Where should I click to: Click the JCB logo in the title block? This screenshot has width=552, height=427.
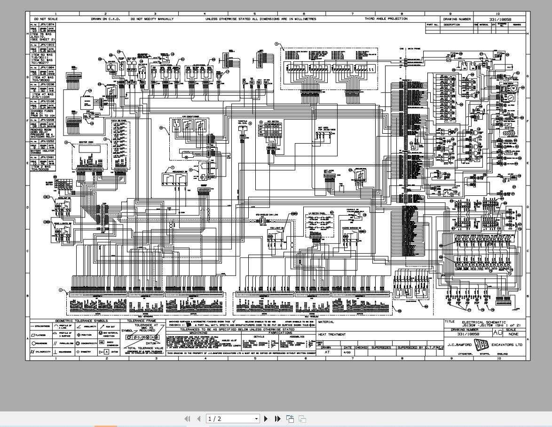[x=481, y=345]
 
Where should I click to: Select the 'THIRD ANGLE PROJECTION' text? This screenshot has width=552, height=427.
[x=386, y=19]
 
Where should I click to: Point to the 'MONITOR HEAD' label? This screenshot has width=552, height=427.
[x=85, y=142]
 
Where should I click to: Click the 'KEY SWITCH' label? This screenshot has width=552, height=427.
[x=272, y=122]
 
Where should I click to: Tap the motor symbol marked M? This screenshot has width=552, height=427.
[x=513, y=88]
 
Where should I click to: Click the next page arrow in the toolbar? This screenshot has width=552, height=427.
[x=266, y=419]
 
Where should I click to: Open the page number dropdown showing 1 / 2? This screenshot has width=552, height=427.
[x=233, y=419]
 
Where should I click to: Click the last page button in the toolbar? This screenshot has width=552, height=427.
[x=277, y=419]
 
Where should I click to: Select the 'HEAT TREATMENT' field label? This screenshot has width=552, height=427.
[x=332, y=335]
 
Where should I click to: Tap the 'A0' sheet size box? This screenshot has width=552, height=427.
[x=497, y=332]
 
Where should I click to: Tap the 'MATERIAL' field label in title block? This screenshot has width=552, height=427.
[x=326, y=322]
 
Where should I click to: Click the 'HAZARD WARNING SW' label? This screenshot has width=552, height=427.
[x=352, y=228]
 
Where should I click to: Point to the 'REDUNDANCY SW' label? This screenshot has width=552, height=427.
[x=179, y=171]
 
